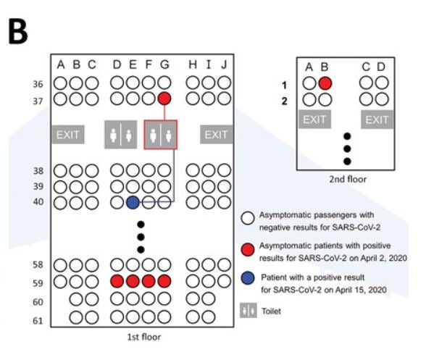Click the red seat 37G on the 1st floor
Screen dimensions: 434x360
164,99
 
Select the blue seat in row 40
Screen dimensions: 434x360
133,202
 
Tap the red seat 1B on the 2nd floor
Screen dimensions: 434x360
325,83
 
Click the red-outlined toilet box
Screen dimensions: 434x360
161,135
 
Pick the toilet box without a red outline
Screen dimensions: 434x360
121,135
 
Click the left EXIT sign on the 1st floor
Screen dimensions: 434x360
68,135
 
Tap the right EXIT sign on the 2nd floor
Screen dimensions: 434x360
377,120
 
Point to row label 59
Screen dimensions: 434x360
38,283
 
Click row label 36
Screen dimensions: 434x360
38,83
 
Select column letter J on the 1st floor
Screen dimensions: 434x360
224,64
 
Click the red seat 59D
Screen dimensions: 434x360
117,281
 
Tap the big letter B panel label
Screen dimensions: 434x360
18,31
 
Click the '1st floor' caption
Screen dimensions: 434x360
144,337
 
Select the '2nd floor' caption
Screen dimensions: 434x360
348,179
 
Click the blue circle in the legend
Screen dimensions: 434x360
248,278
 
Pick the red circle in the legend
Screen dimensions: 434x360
248,250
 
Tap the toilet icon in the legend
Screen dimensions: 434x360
249,311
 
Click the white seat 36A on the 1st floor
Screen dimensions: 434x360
60,83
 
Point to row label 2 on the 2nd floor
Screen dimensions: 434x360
284,101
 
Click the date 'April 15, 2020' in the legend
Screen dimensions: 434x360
361,290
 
